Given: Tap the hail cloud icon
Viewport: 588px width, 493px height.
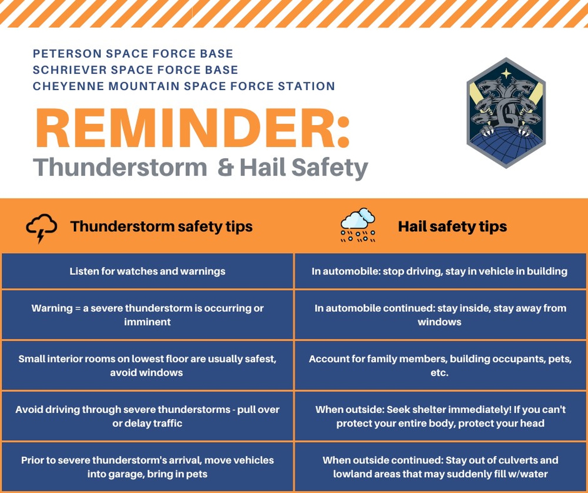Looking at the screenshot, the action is coord(358,225).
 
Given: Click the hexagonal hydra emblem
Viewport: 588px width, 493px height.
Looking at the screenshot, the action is coord(506,113).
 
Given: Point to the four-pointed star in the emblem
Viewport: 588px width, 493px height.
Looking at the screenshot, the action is coord(506,73).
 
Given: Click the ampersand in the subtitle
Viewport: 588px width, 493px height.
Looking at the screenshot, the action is coord(226,167).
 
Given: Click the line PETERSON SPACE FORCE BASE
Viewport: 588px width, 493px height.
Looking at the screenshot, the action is coord(133,54).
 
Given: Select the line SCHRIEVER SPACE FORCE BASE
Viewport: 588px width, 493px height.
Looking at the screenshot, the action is coord(135,70).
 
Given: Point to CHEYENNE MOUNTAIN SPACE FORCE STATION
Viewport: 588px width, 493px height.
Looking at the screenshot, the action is coord(184,86).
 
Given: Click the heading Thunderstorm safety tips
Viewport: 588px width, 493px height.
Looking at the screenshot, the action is coord(161,226).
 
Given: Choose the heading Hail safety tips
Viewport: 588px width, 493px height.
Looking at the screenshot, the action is coord(452,226).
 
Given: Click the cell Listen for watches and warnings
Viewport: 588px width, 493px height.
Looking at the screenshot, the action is coord(147,271).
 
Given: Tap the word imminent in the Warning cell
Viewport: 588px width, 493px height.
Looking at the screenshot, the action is coord(147,322).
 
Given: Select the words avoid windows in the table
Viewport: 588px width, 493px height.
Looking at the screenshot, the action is coord(146,372).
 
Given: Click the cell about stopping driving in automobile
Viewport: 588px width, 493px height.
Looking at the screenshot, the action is coord(440,271).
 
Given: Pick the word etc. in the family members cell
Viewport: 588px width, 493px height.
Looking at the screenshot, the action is coord(440,373).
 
